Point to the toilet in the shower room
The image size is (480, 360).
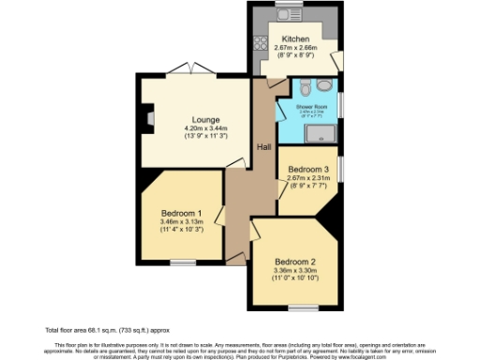click(x=306, y=90)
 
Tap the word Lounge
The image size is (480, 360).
click(x=205, y=120)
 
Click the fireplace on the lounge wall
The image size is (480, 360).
click(x=147, y=118)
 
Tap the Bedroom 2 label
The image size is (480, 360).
click(x=294, y=262)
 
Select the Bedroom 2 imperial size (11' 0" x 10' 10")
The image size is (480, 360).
click(x=294, y=278)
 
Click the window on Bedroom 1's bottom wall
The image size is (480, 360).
click(x=183, y=262)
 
